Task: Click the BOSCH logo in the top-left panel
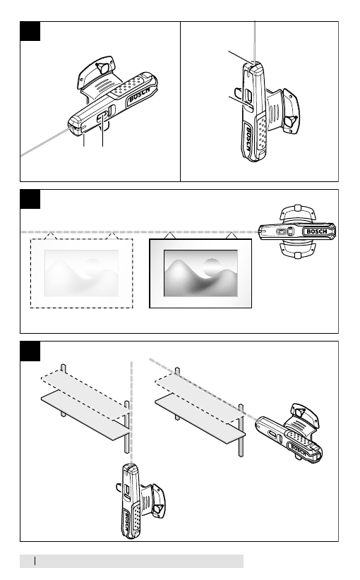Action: (x=140, y=95)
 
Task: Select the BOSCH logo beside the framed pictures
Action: (x=317, y=231)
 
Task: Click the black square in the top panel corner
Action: (x=30, y=31)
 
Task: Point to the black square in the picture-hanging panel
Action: (x=30, y=199)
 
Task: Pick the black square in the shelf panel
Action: (x=30, y=351)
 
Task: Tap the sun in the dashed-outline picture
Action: (x=92, y=267)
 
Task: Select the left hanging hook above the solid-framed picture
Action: (x=169, y=236)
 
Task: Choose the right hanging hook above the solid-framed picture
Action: (x=232, y=236)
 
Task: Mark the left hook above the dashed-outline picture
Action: (x=51, y=236)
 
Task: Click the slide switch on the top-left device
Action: (x=102, y=117)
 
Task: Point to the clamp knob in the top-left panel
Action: (x=102, y=67)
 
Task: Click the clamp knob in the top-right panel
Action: (x=289, y=121)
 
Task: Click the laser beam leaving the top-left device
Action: (x=44, y=143)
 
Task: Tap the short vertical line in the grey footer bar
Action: (x=35, y=561)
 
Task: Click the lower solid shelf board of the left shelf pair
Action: (x=86, y=417)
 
